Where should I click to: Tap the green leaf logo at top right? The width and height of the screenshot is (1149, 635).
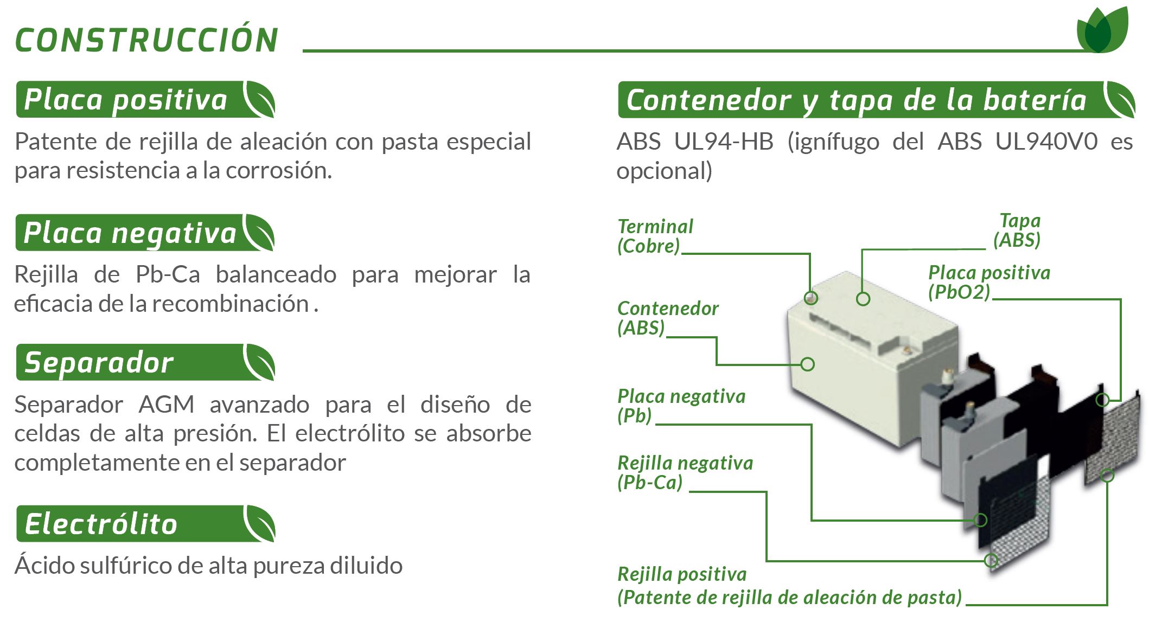[x=1102, y=31]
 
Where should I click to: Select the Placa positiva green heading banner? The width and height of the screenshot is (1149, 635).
[x=145, y=100]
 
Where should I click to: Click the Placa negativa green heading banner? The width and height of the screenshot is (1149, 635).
[x=145, y=233]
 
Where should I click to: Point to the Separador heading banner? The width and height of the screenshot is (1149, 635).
[x=145, y=362]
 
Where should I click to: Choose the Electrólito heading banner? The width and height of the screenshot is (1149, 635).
[x=145, y=524]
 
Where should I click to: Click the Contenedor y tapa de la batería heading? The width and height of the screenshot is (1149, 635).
[x=876, y=100]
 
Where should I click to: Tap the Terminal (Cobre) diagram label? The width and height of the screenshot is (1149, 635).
[x=655, y=236]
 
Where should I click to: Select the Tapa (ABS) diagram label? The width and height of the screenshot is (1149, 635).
[x=1017, y=230]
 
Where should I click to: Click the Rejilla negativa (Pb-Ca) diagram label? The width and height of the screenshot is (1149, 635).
[x=685, y=473]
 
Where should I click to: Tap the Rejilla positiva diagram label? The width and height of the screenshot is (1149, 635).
[x=789, y=586]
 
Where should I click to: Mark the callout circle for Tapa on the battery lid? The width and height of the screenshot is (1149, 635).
[x=863, y=299]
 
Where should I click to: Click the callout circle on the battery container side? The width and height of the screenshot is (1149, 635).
[x=808, y=364]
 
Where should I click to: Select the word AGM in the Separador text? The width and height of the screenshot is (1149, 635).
[x=166, y=405]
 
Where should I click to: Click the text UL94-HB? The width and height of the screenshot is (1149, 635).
[x=724, y=142]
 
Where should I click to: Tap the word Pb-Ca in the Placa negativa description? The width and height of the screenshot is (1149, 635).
[x=168, y=274]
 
